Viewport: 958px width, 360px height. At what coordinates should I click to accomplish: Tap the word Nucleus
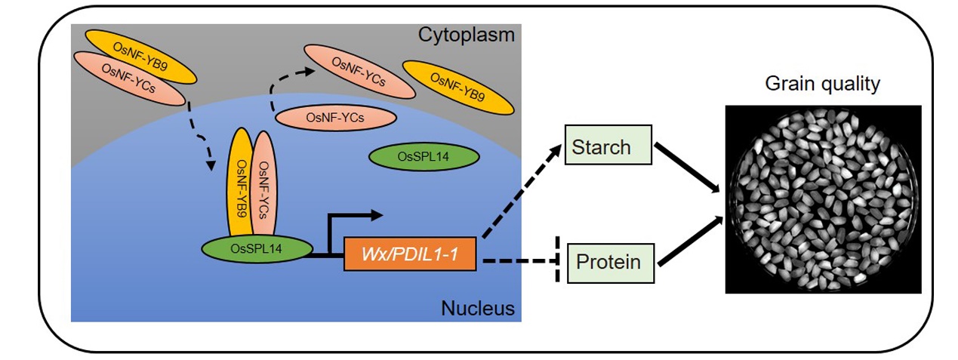click(477, 308)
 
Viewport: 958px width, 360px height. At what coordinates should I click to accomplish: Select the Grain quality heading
click(822, 85)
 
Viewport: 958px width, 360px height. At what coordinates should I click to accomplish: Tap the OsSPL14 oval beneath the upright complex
click(258, 249)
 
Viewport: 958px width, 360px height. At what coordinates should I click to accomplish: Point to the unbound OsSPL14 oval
click(424, 156)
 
